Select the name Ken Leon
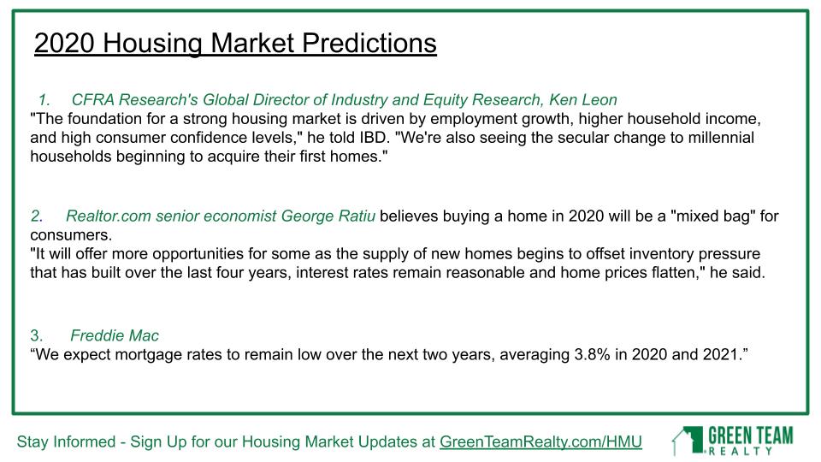point(582,99)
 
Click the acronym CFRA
point(92,99)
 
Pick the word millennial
point(721,138)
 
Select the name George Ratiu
point(328,216)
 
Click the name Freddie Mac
point(115,335)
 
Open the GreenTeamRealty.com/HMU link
point(540,442)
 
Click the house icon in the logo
point(688,441)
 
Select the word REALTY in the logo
point(741,451)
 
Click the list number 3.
point(36,335)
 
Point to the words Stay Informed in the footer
point(66,442)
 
